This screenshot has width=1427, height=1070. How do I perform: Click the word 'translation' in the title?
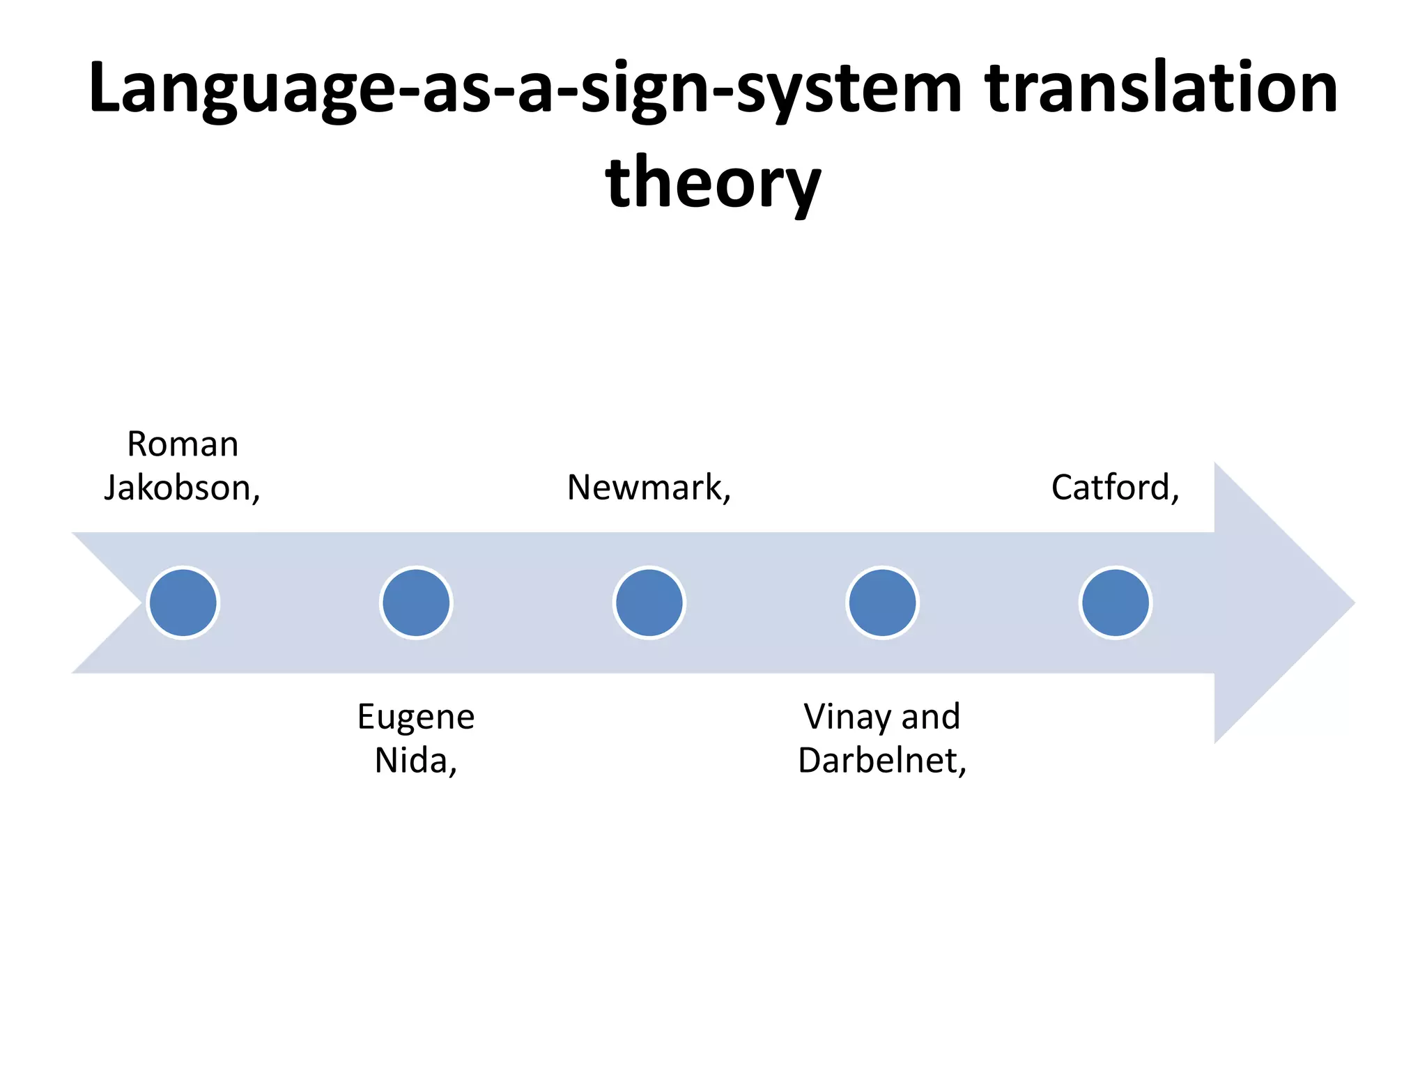coord(1162,88)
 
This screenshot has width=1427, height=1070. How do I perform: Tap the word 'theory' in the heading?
coord(713,183)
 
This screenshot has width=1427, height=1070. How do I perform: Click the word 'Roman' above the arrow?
coord(183,444)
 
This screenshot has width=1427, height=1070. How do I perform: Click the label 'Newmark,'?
coord(649,488)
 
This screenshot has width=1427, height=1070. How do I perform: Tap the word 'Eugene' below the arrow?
coord(416,717)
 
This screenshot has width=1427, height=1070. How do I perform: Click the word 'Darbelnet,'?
coord(882,760)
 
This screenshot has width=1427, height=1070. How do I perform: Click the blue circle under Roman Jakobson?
coord(183,603)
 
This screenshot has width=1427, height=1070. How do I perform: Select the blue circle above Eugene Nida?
coord(416,603)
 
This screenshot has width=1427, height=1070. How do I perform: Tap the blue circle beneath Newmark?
coord(649,603)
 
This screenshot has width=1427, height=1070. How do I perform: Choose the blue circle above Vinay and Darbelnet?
coord(882,603)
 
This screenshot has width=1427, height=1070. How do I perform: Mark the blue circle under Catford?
coord(1116,603)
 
